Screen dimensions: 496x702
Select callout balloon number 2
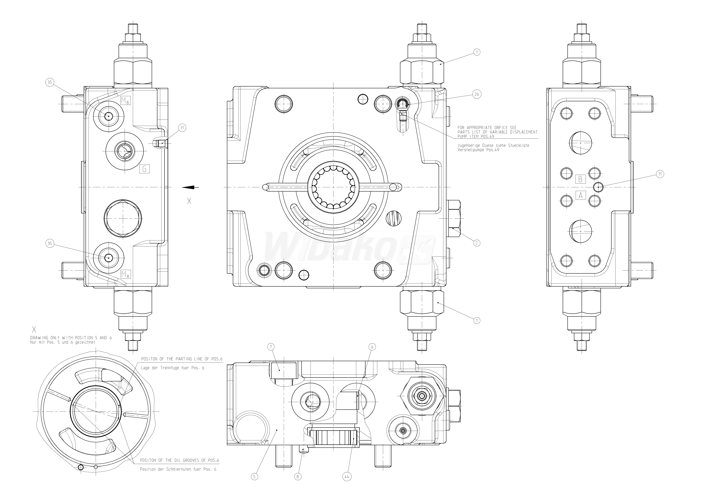(x=476, y=243)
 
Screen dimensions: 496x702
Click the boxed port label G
(x=145, y=169)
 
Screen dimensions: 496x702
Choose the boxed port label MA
(x=125, y=274)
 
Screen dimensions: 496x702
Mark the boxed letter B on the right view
(x=580, y=179)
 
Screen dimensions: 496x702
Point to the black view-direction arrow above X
(x=190, y=187)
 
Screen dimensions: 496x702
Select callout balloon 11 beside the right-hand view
(x=660, y=174)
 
